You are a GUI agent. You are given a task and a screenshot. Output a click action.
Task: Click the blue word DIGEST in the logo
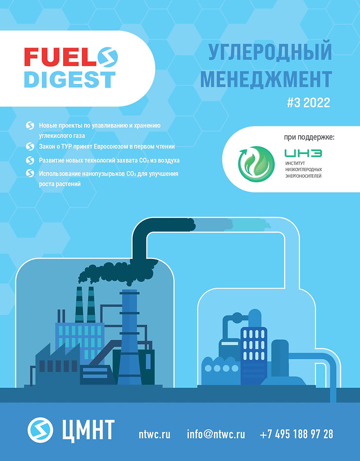[x=69, y=79]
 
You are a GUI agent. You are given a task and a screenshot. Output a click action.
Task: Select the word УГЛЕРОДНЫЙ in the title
[x=270, y=53]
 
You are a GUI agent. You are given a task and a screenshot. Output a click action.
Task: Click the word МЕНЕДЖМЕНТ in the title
[x=266, y=77]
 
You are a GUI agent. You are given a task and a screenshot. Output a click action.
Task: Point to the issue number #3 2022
[x=308, y=103]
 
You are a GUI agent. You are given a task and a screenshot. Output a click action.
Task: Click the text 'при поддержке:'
[x=309, y=138]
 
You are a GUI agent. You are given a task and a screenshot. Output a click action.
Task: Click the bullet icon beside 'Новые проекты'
[x=30, y=126]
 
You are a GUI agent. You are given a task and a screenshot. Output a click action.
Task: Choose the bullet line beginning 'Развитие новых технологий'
[x=109, y=160]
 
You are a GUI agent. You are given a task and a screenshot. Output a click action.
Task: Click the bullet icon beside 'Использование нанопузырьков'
[x=30, y=174]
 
